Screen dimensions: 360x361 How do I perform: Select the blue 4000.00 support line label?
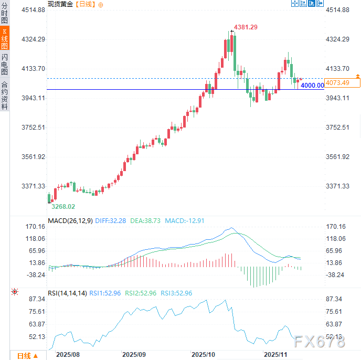click(312, 86)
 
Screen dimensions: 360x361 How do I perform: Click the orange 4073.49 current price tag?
click(337, 83)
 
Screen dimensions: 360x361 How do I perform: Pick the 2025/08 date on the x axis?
click(68, 355)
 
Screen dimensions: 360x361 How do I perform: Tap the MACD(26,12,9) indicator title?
click(70, 221)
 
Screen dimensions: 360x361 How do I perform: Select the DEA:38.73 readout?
click(145, 221)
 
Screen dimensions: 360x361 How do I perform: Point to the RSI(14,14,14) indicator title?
click(67, 293)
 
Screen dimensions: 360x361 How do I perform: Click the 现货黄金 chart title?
click(60, 4)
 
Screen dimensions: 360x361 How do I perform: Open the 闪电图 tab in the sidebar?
click(5, 64)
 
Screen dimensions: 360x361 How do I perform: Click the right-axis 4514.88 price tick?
click(337, 10)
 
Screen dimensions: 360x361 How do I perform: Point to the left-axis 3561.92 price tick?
click(34, 157)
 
